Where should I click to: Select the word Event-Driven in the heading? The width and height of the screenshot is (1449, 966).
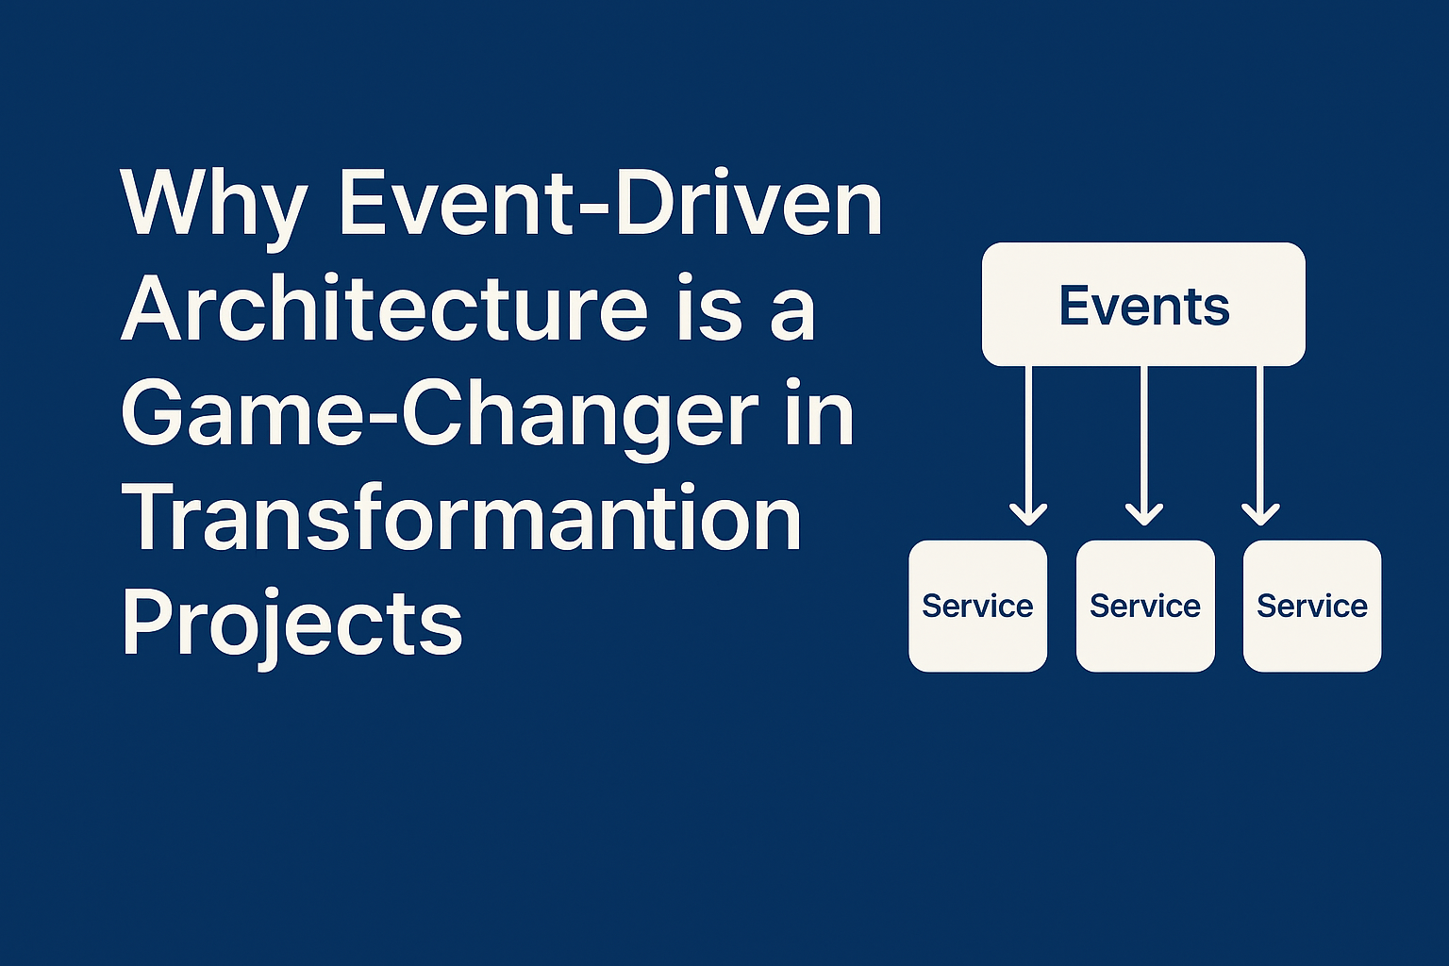[610, 202]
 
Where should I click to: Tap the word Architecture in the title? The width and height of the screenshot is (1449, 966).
[384, 307]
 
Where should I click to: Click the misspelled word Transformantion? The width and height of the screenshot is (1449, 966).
[461, 518]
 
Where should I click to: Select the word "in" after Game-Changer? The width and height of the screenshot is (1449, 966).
[820, 414]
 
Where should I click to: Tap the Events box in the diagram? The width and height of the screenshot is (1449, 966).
[1143, 304]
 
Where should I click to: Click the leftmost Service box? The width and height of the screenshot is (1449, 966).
[978, 606]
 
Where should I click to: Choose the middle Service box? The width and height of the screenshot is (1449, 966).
[1145, 606]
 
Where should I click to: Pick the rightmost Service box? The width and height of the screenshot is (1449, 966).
[1312, 606]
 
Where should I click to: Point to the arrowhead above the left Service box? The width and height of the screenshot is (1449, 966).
[1028, 516]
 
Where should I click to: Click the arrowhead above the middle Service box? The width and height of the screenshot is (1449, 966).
[1144, 516]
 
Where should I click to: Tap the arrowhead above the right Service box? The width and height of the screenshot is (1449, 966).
[1260, 516]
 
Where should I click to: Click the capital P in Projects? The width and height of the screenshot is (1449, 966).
[149, 620]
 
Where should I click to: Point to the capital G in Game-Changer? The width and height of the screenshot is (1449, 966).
[152, 413]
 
